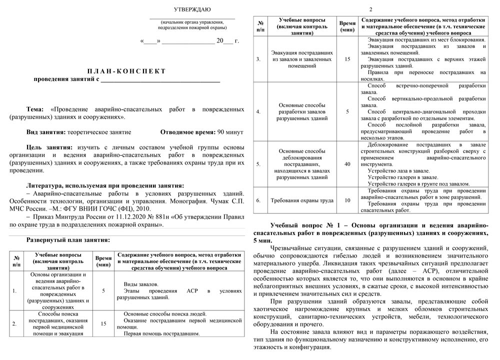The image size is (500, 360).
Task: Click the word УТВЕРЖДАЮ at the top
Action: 192,9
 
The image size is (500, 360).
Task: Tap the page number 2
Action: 370,9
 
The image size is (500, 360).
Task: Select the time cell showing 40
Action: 347,163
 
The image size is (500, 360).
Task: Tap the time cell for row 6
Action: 347,200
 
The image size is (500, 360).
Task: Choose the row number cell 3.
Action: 258,59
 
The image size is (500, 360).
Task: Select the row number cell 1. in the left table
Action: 14,290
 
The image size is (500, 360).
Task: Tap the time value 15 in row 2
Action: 103,323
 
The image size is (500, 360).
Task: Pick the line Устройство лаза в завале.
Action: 398,170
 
